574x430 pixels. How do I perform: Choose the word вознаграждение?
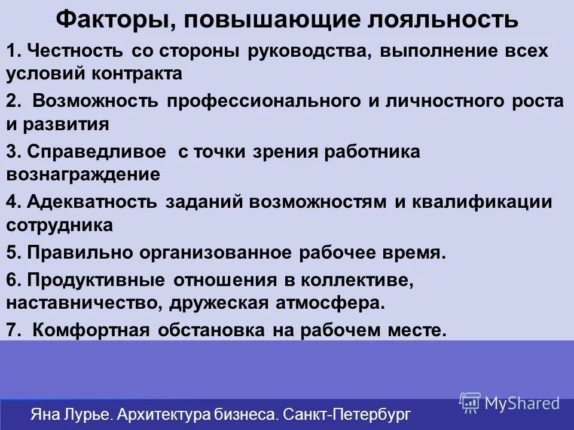coord(83,175)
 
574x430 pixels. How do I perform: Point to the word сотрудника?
coord(60,225)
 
